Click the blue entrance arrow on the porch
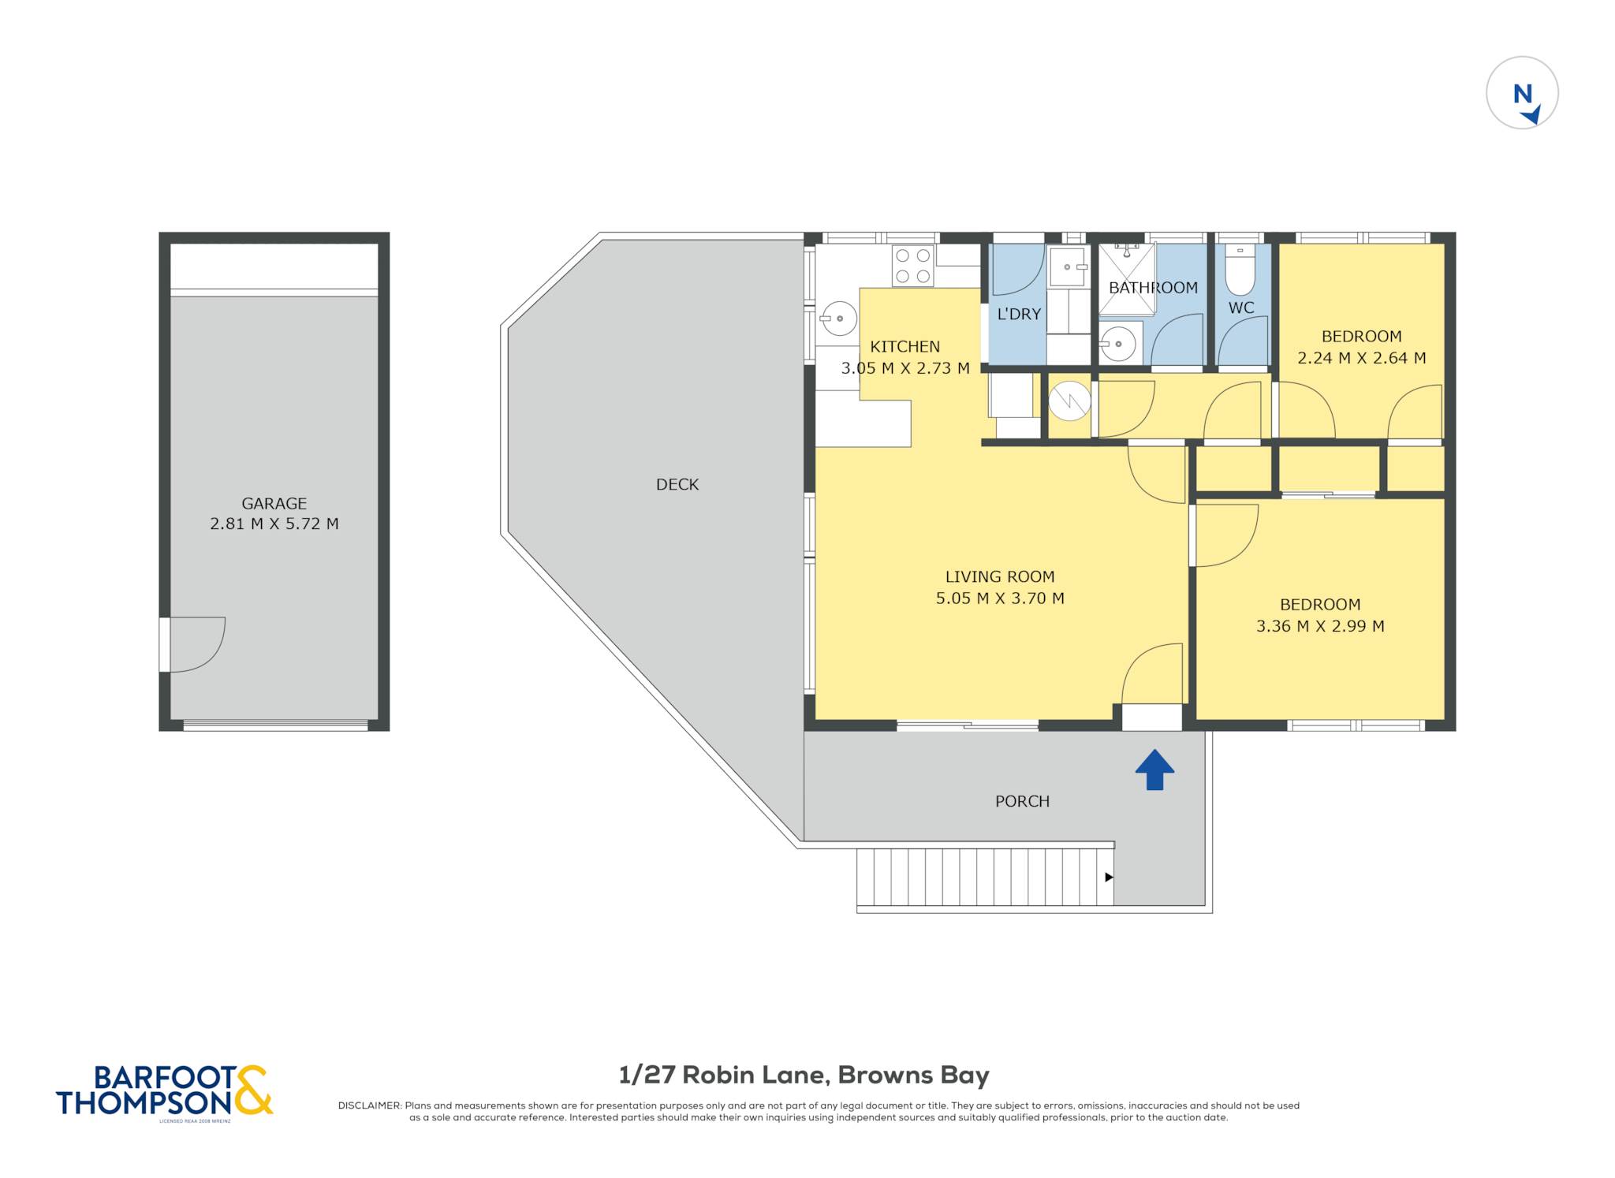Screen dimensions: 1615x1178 point(1154,770)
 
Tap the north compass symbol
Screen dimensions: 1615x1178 point(1522,93)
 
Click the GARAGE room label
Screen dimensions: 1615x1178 point(274,503)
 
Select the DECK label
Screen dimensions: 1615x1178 point(677,484)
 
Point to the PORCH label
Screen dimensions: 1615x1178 point(1022,801)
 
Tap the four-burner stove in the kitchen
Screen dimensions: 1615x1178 point(913,266)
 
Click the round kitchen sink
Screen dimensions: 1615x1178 point(838,319)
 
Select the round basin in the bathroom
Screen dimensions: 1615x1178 point(1117,344)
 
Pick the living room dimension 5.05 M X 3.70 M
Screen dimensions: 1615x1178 point(1000,598)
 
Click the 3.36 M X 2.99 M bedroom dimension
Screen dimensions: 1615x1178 point(1320,626)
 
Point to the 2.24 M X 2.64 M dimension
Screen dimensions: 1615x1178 point(1362,358)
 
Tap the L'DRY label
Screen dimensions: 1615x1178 point(1019,314)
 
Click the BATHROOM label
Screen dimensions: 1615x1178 point(1153,288)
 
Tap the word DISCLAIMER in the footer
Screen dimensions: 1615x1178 point(370,1105)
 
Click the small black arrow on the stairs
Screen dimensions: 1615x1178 point(1109,877)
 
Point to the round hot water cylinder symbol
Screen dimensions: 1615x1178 point(1070,401)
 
